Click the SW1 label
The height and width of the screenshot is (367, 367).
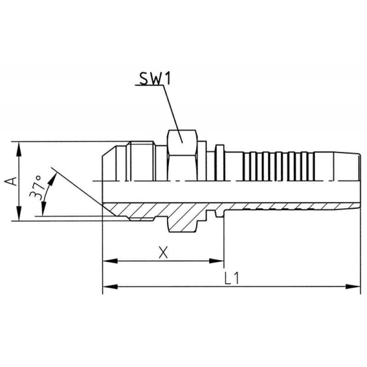click(x=155, y=78)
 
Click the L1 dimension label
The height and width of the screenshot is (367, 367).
click(x=232, y=278)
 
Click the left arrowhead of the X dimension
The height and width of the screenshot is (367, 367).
click(x=110, y=261)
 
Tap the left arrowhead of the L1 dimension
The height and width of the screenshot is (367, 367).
click(x=110, y=286)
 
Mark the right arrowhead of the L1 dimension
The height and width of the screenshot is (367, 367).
click(x=352, y=286)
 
